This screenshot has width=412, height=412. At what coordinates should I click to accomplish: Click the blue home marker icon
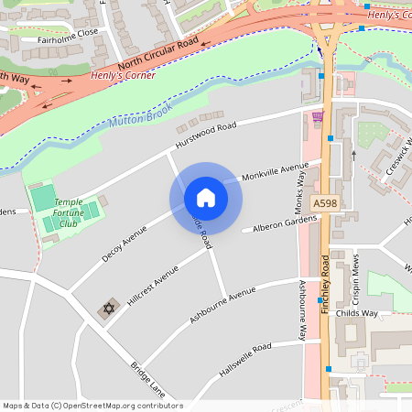click(x=206, y=198)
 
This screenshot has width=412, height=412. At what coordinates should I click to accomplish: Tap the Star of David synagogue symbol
click(x=110, y=308)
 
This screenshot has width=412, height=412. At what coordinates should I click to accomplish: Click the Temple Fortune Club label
click(x=67, y=213)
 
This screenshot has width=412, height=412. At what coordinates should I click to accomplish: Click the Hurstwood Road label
click(x=206, y=138)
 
